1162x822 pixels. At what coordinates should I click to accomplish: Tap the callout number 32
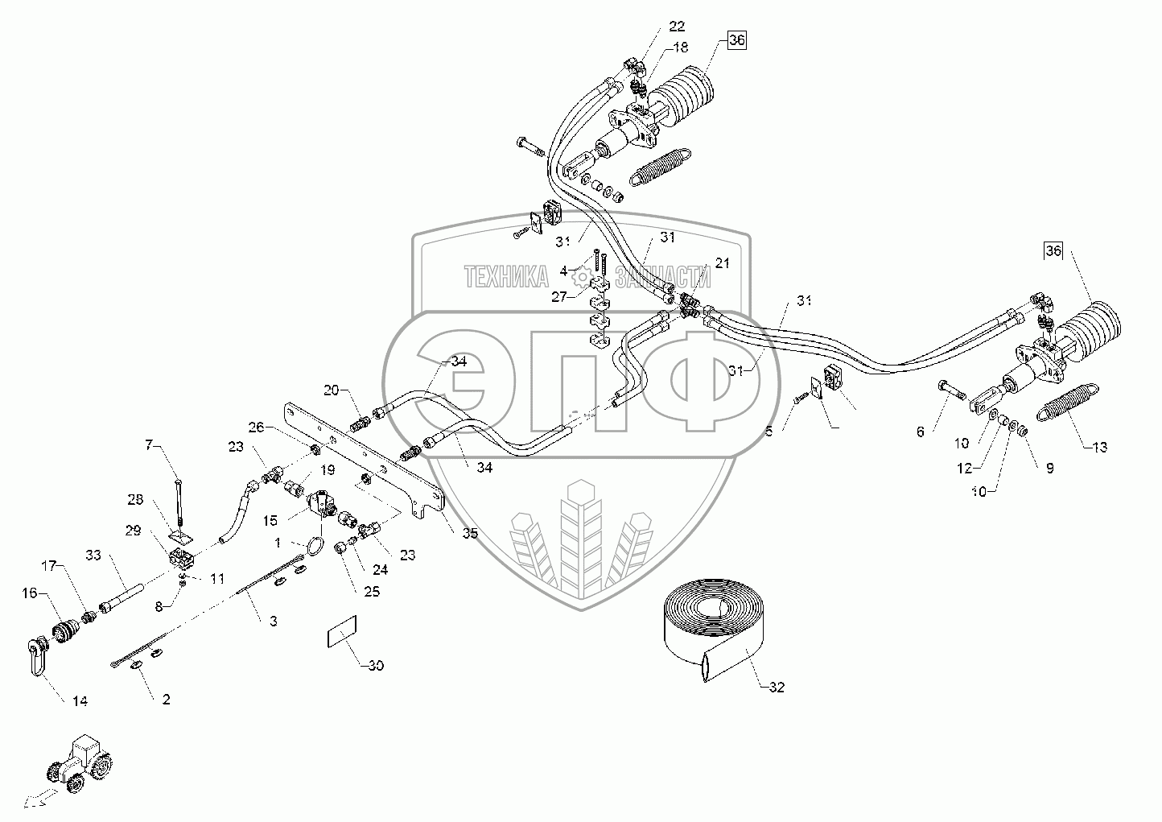(x=776, y=687)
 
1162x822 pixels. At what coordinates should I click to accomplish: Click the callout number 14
(x=78, y=701)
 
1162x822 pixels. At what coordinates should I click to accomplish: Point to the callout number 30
(x=376, y=666)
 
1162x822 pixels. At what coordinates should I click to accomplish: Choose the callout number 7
(x=148, y=444)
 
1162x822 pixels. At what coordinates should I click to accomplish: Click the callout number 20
(x=332, y=390)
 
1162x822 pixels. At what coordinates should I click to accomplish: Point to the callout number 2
(x=166, y=699)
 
